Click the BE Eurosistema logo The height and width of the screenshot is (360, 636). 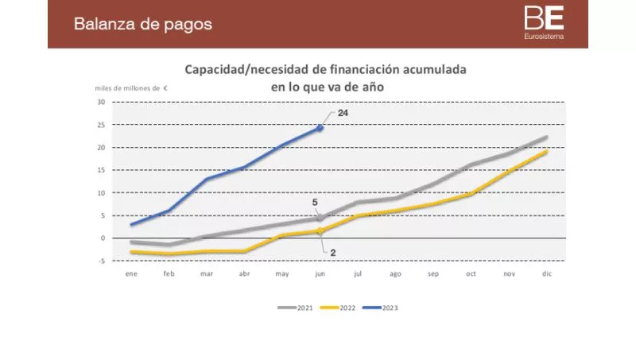click(545, 23)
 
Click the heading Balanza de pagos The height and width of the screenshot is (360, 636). click(143, 24)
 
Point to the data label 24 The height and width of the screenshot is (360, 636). click(343, 114)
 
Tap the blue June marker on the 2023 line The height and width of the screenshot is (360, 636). click(320, 127)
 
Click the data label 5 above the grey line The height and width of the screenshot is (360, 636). click(315, 203)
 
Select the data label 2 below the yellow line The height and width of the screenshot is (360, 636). click(333, 252)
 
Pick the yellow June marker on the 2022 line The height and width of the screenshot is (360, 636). click(320, 231)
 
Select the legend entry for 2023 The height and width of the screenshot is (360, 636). click(384, 307)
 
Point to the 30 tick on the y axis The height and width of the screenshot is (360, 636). click(101, 102)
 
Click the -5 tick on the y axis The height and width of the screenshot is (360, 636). click(102, 261)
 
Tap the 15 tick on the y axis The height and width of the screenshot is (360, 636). click(101, 170)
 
